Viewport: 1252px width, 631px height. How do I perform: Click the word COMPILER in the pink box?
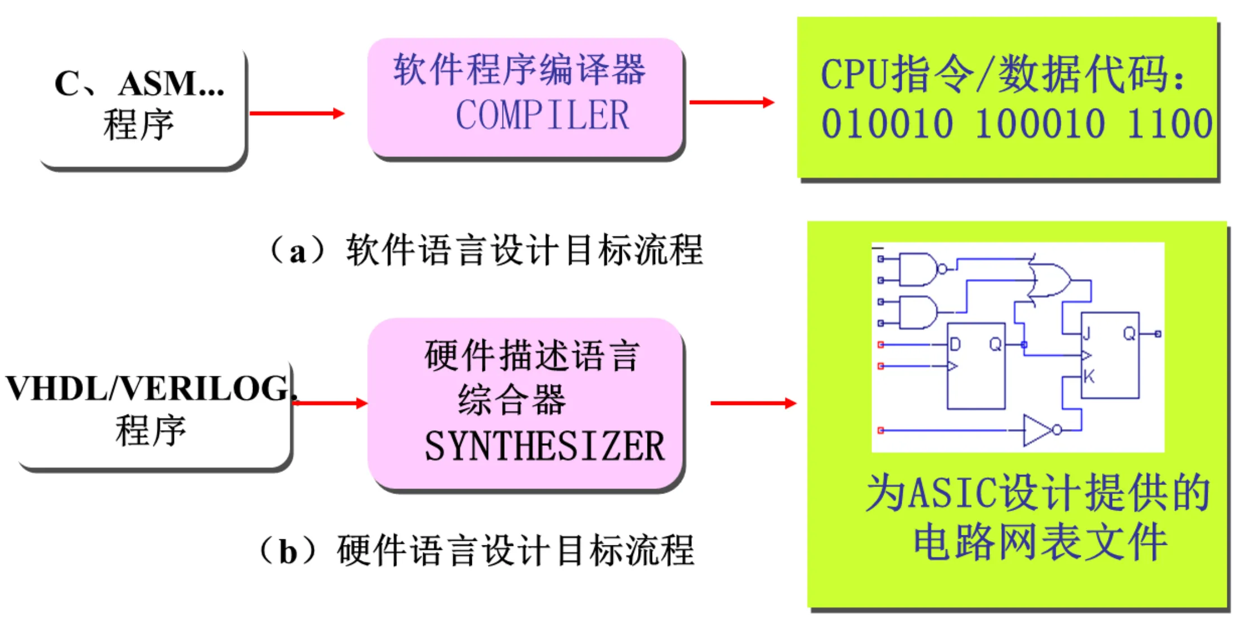pos(542,115)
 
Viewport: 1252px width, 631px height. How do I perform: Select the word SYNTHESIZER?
pos(544,446)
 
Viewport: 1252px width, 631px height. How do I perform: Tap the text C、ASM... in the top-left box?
pos(139,84)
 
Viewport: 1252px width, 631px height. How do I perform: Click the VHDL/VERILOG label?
pos(148,388)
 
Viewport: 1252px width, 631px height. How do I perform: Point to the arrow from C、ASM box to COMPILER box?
pos(297,114)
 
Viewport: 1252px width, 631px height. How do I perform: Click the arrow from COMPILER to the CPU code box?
pos(731,102)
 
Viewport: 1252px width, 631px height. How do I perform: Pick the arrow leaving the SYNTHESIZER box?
pos(753,403)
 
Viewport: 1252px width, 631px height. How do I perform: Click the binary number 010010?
pos(887,124)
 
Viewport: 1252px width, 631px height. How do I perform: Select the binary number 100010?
pos(1039,124)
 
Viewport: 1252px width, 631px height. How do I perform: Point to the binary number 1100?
pos(1169,124)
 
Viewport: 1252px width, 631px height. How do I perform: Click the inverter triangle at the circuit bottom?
pos(1037,430)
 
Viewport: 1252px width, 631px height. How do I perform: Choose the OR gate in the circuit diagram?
pos(1051,280)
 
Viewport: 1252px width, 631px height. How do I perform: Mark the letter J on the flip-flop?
pos(1087,334)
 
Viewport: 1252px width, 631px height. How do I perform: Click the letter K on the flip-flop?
pos(1089,376)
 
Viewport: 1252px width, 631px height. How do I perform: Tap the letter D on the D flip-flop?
pos(955,344)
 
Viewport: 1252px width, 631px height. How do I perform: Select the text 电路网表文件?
pos(1040,541)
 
